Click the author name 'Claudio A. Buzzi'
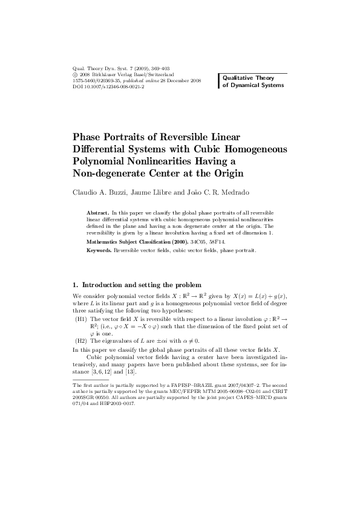(99, 193)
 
